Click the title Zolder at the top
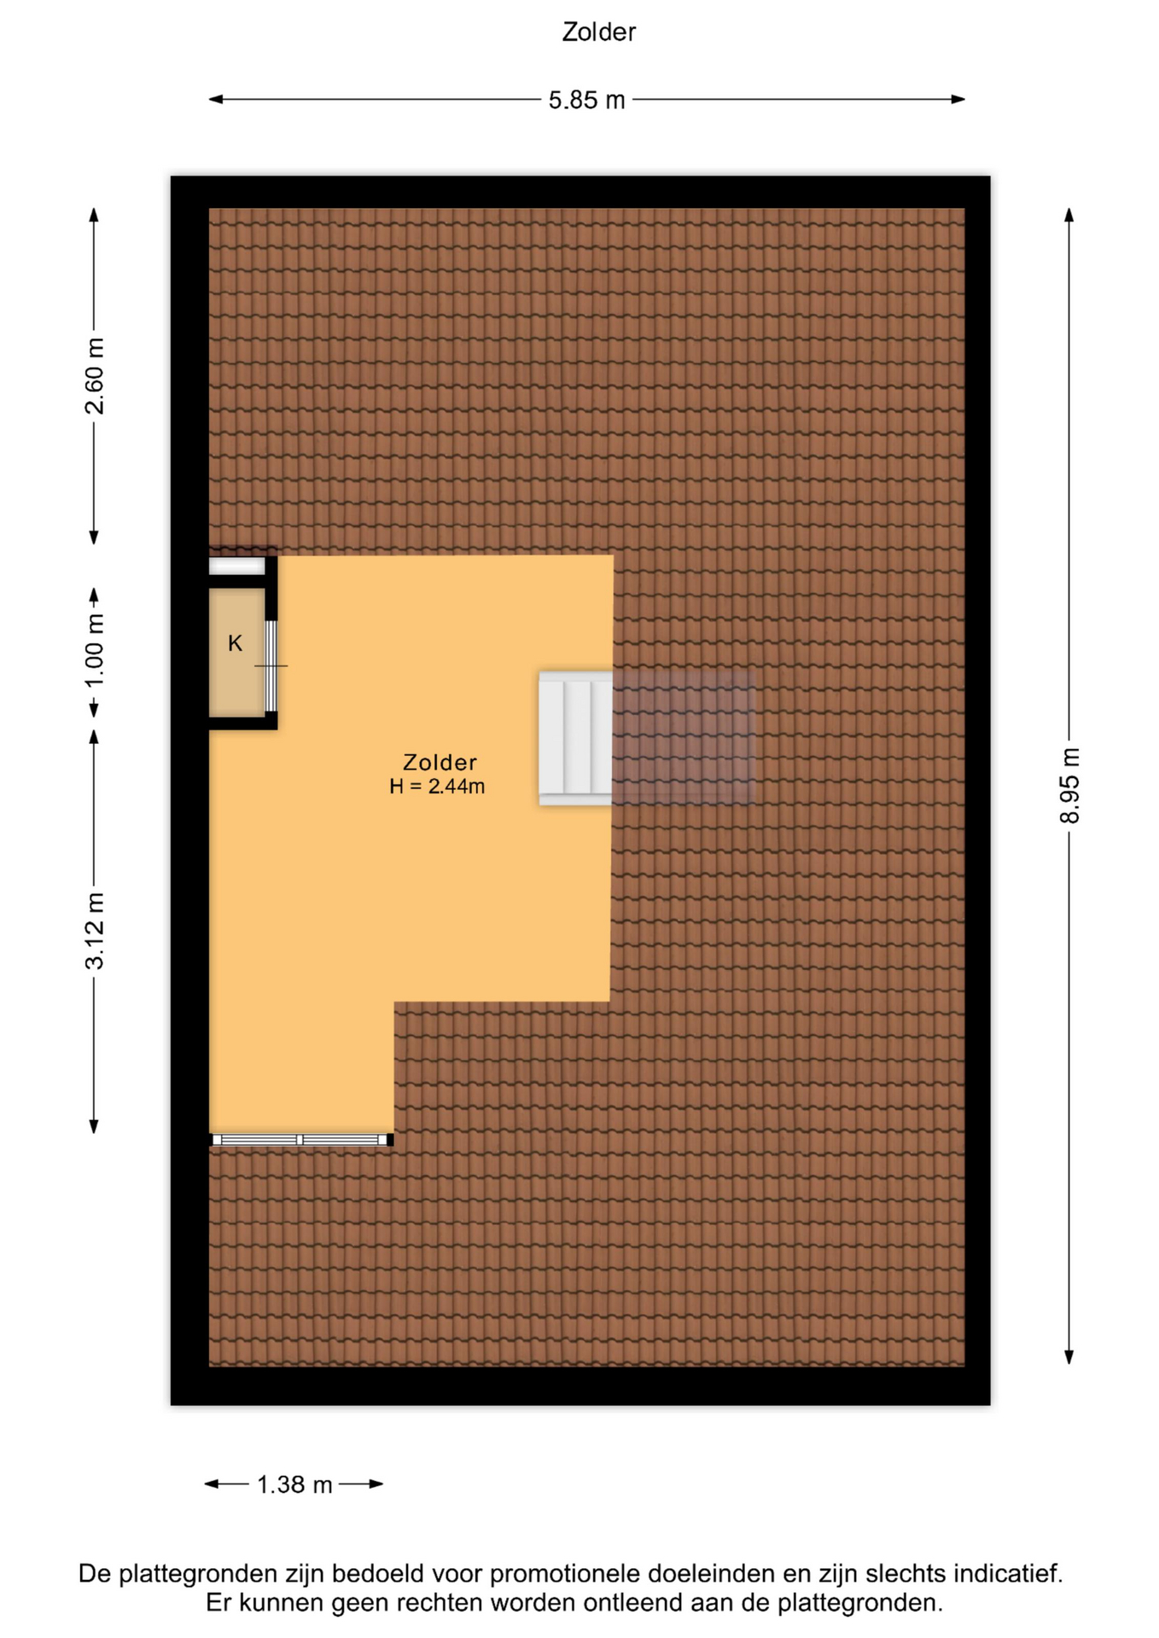point(598,32)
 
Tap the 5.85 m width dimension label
point(586,100)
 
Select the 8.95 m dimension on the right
point(1069,785)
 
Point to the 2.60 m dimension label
point(94,375)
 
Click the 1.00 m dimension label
point(94,651)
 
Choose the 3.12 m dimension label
point(94,931)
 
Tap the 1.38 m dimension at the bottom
point(294,1484)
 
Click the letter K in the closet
point(236,643)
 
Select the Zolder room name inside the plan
point(440,762)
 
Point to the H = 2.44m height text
point(437,787)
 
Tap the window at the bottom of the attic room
point(302,1140)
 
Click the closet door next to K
point(271,665)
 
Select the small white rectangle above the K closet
point(237,566)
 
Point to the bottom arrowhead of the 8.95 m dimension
point(1069,1356)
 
